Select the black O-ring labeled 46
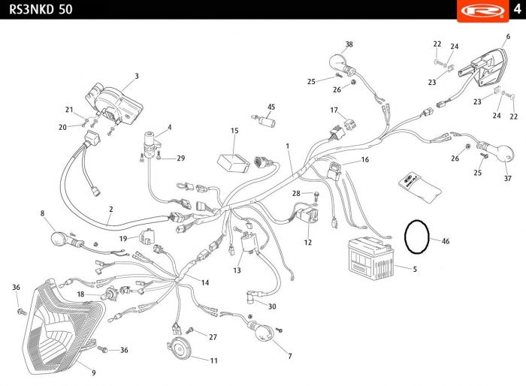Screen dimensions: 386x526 416,237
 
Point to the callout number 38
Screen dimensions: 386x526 349,44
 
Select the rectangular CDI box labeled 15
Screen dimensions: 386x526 234,162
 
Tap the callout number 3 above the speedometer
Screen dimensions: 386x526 137,76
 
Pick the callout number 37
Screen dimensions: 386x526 507,179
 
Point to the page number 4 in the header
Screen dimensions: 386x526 516,9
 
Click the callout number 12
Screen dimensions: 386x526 308,243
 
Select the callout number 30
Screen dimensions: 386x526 272,306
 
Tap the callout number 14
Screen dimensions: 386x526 204,282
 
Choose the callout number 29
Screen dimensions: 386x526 180,158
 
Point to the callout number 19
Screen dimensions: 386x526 123,238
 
